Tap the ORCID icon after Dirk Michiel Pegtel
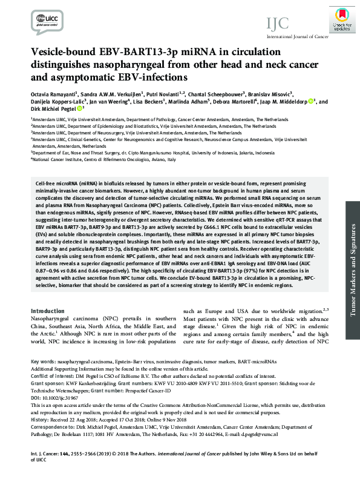tap(80, 110)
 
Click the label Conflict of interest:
tap(55, 375)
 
